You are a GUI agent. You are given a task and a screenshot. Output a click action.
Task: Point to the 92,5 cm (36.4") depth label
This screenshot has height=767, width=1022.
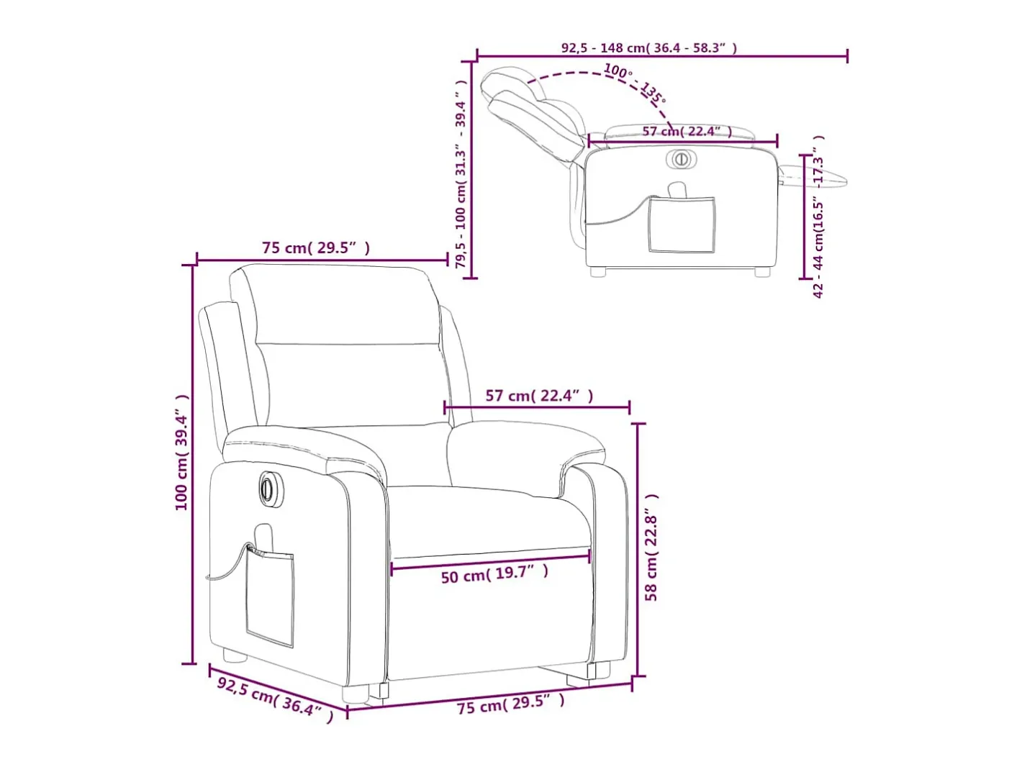coord(276,701)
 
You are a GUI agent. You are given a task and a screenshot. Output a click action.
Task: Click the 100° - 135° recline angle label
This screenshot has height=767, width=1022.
coord(635,83)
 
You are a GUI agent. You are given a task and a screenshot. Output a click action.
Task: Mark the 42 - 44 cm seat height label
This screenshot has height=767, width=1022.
coord(818,217)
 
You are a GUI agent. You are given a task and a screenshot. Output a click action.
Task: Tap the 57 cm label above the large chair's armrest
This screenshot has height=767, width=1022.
coord(539,396)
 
